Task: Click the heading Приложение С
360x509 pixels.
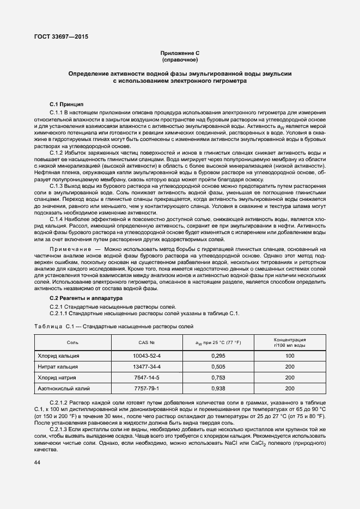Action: pos(179,53)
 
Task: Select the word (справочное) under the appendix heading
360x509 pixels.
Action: pos(179,60)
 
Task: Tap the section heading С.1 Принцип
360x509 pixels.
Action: pos(66,104)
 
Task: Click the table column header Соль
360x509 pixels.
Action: pos(72,343)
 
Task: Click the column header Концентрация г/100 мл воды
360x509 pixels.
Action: pos(289,343)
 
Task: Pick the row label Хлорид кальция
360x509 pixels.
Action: pos(58,355)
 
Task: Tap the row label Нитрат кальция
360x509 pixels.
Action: pos(58,366)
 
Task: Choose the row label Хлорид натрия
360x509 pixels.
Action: pos(57,377)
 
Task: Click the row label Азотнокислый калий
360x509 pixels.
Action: pos(63,389)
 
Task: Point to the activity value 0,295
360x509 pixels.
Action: pos(218,355)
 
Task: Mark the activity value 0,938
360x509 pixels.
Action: pos(218,389)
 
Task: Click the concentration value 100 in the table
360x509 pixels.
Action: pos(289,355)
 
